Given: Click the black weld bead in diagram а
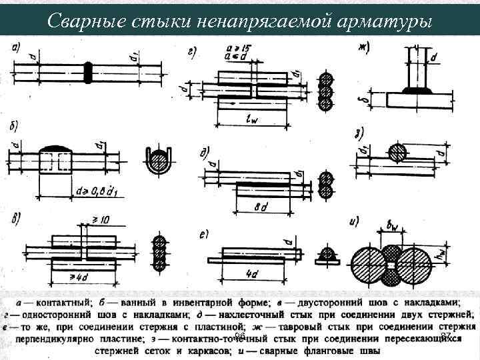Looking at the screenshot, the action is pos(87,71).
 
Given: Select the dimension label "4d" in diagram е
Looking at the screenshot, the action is pos(251,273).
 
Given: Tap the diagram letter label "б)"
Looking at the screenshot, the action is pos(14,127).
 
